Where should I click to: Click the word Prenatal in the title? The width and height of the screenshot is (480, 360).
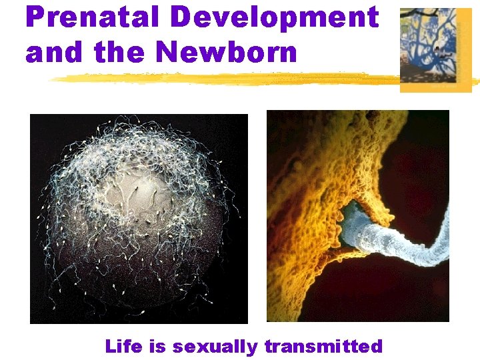pos(91,18)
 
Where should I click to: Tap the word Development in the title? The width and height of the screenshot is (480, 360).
pos(274,18)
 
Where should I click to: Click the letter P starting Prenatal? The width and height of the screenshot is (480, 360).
pos(35,18)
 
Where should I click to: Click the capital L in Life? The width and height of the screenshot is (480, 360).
pos(111,347)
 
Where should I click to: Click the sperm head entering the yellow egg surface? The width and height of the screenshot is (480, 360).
pos(350,220)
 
